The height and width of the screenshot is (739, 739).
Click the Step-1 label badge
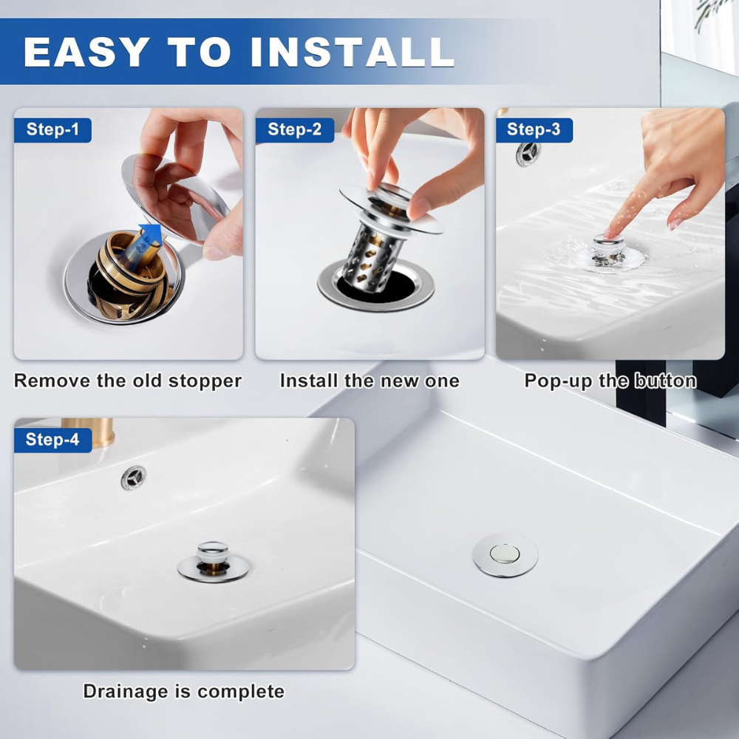click(x=52, y=130)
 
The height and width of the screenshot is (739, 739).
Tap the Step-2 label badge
click(x=294, y=130)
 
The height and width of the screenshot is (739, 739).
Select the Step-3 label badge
click(x=534, y=130)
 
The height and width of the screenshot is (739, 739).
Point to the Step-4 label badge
click(x=52, y=440)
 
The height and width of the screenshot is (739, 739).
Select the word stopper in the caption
click(x=205, y=381)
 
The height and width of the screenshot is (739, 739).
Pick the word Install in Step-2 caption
click(x=308, y=381)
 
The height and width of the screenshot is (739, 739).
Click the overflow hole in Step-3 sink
click(x=528, y=153)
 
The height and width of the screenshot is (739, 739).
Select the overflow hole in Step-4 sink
click(x=134, y=477)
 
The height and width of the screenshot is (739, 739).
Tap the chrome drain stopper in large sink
click(x=505, y=554)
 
